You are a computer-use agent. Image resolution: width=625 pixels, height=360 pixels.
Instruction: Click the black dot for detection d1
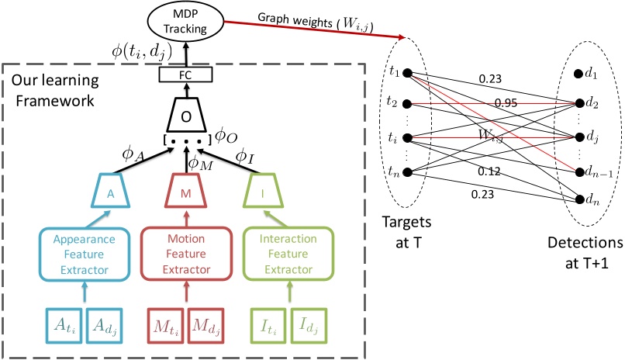[x=578, y=75]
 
